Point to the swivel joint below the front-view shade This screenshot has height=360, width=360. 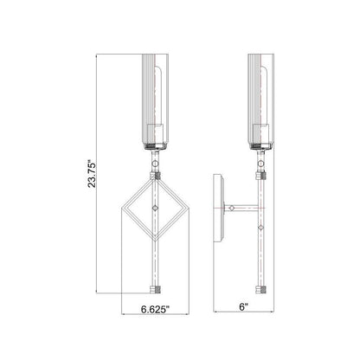point(153,162)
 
